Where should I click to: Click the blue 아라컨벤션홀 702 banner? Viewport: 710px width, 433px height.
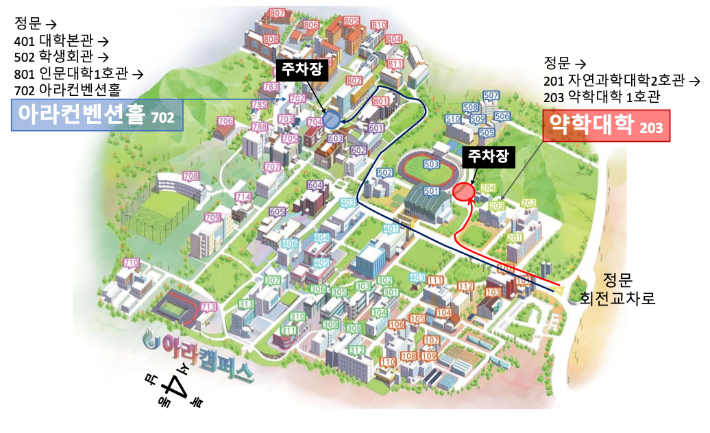98,116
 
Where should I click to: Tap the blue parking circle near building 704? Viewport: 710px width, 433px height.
331,121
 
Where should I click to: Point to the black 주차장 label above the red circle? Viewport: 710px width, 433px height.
488,156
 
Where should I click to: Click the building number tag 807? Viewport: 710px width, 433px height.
278,13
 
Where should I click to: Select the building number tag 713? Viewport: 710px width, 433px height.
209,306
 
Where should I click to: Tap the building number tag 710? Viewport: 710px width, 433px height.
131,263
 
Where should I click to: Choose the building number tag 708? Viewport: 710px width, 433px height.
191,176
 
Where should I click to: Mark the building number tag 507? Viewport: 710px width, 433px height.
491,95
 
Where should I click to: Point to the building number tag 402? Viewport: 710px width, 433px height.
348,203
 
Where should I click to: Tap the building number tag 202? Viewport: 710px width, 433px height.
528,203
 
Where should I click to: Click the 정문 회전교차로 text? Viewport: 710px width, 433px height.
617,289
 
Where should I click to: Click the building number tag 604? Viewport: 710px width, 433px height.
315,185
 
